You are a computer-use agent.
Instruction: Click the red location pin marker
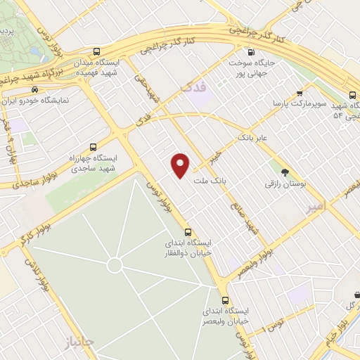(181, 165)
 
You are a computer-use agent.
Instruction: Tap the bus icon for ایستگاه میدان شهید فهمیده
(96, 51)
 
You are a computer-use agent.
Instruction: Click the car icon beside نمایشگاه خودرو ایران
(34, 89)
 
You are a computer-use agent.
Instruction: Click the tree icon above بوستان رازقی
(284, 172)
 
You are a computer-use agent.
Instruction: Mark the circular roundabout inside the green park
(114, 265)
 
